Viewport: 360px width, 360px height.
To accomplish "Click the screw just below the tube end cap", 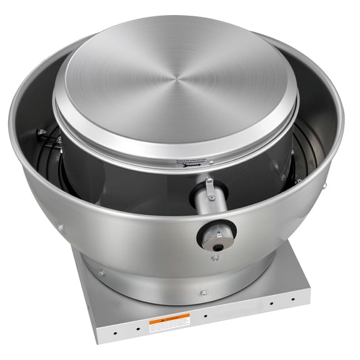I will (215, 257).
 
